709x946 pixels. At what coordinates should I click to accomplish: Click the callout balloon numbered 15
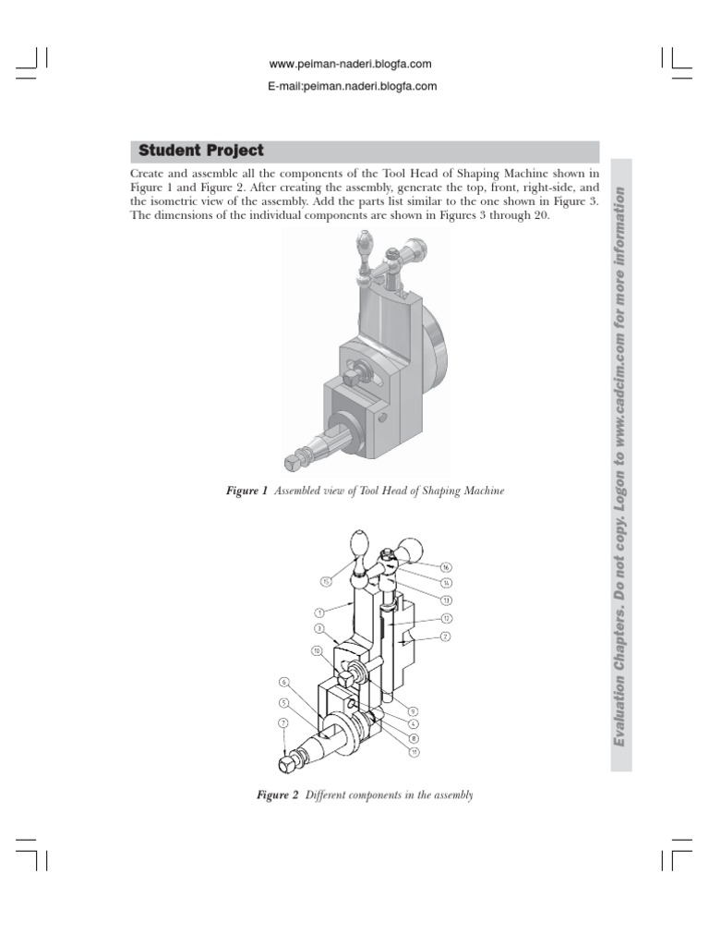click(x=326, y=581)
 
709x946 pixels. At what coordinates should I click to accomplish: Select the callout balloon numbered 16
click(x=445, y=567)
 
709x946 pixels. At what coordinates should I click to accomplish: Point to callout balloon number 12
click(x=445, y=618)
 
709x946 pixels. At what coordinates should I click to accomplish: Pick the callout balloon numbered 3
click(x=318, y=628)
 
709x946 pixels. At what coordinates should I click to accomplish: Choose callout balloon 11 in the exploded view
click(x=415, y=752)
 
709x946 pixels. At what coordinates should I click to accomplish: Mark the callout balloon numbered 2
click(x=445, y=637)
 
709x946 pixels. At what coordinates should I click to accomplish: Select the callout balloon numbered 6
click(x=283, y=683)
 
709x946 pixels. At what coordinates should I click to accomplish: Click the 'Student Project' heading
click(x=200, y=151)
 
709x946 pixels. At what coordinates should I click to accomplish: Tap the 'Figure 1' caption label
click(x=246, y=491)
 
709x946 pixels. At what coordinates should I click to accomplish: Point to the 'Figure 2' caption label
click(x=276, y=795)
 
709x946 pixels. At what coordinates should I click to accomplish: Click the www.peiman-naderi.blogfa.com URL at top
click(x=350, y=64)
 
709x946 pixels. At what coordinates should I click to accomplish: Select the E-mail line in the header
click(x=350, y=87)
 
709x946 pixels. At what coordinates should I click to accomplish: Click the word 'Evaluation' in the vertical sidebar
click(x=620, y=709)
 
